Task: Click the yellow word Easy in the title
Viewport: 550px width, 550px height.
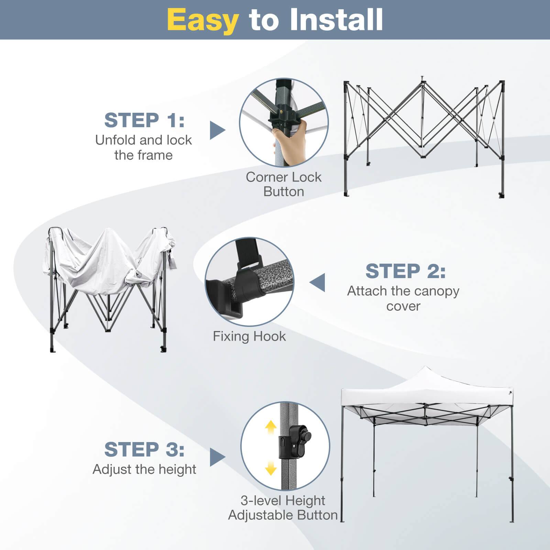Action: pos(203,20)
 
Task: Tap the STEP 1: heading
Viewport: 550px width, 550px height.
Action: pos(144,120)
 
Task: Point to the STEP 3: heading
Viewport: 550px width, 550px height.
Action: pos(144,449)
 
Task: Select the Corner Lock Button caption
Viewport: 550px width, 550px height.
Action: pos(284,184)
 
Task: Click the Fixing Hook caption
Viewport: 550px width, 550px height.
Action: pos(249,336)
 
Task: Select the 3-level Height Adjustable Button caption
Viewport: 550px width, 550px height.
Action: pos(283,508)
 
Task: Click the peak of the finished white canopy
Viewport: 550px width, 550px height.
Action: pos(425,368)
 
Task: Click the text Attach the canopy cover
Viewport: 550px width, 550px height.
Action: pos(403,298)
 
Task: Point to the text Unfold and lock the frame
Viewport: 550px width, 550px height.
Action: pos(143,147)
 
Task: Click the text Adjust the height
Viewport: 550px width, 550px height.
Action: pos(144,469)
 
